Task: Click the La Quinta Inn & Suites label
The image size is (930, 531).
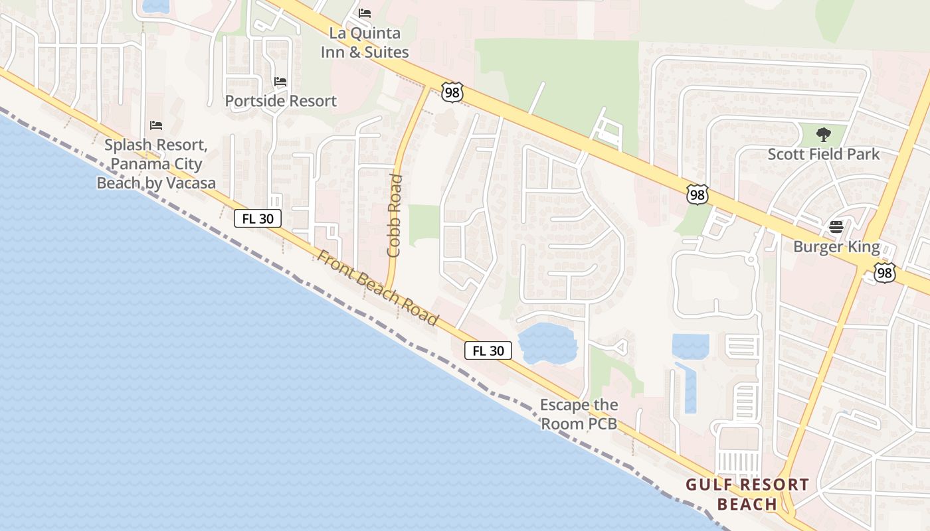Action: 365,42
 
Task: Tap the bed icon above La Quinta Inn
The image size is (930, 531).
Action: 365,13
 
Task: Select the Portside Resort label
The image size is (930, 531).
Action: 280,101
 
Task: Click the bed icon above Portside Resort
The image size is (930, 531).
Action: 280,82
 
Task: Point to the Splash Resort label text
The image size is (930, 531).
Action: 156,163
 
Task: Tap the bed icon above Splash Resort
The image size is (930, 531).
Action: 156,125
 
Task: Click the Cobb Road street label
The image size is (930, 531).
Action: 395,215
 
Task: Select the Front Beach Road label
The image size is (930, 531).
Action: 377,287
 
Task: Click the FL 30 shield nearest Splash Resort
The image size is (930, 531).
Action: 258,218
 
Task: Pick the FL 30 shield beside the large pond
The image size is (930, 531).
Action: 488,350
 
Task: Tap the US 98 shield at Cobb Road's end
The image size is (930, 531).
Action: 452,92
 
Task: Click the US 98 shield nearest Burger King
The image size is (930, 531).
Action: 884,273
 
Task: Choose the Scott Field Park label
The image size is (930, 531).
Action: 823,154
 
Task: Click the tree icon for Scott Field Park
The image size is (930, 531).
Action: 823,135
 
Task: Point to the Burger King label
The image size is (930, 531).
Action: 836,247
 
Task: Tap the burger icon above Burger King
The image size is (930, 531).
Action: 836,227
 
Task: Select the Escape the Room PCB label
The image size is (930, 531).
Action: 579,414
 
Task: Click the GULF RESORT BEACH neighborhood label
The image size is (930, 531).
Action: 747,494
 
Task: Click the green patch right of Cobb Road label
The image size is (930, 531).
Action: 424,222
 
